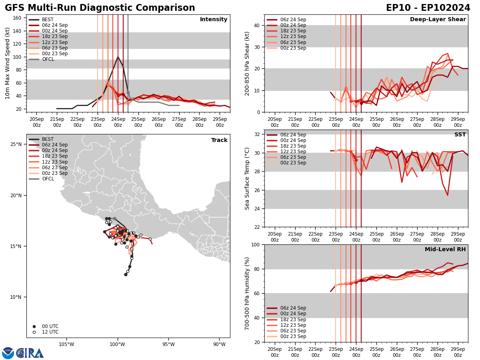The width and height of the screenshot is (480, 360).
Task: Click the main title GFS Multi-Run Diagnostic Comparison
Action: [100, 8]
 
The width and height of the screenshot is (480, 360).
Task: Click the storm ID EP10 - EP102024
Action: [428, 8]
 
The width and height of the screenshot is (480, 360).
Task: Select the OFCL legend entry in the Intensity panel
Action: [48, 59]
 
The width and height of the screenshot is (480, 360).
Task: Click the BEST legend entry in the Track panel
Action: [48, 139]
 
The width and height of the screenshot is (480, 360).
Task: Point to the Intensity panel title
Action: [214, 20]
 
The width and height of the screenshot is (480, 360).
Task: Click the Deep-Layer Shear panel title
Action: [438, 20]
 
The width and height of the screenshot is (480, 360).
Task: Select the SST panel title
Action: [460, 135]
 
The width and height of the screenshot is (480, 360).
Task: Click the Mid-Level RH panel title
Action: [445, 250]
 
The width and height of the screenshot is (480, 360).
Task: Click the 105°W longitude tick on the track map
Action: [66, 344]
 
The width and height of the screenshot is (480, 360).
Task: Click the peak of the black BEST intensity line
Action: [118, 57]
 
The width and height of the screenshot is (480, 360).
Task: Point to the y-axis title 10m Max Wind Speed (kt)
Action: [8, 63]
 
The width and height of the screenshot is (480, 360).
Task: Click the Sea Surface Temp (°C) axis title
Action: [247, 178]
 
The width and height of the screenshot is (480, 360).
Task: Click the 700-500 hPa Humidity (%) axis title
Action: [247, 293]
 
